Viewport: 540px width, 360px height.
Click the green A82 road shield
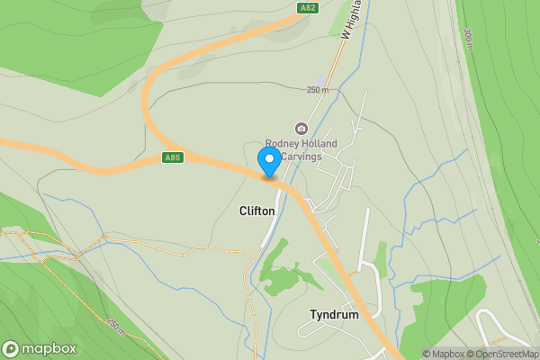pos(307,7)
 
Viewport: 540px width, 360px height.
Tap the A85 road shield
pos(174,157)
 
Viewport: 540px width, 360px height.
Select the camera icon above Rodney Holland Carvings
pos(301,128)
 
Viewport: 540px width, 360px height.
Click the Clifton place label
pos(256,211)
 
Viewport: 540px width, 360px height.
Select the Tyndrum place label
pos(334,316)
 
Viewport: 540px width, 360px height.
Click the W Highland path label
pos(352,20)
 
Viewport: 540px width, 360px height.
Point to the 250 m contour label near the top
pos(318,90)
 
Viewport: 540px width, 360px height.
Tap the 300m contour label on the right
pos(470,38)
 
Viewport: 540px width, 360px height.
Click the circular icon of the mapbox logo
pos(12,348)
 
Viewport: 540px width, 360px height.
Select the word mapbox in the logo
pos(49,348)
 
